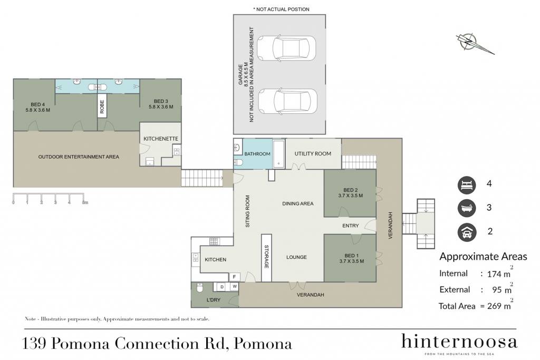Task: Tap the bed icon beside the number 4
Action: (467, 185)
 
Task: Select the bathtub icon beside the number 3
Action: (467, 208)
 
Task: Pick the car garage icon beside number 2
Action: (467, 232)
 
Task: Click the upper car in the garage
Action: (286, 48)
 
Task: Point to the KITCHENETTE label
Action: (161, 139)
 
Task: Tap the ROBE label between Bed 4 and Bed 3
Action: (102, 106)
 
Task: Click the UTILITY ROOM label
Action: (313, 153)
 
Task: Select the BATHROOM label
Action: (257, 154)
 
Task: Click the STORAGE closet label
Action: (266, 257)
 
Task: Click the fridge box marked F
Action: (235, 277)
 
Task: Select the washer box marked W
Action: (235, 286)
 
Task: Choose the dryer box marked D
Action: (222, 287)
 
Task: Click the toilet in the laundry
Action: (199, 288)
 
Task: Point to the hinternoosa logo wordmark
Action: (459, 342)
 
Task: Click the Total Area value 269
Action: (494, 306)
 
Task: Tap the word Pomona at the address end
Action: (263, 344)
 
